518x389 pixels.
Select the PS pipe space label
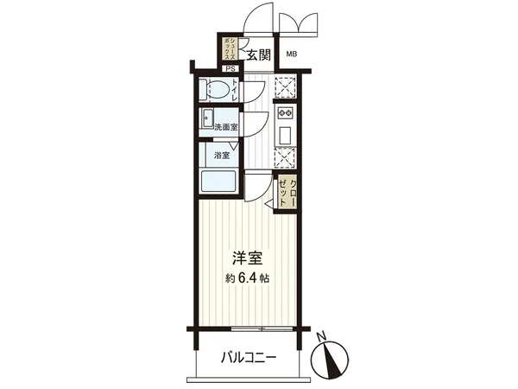click(230, 68)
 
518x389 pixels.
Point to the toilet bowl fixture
click(215, 90)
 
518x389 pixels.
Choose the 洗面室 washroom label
click(225, 127)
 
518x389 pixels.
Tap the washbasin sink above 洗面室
click(208, 118)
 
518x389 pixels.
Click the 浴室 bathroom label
click(222, 156)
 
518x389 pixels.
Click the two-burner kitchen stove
click(286, 113)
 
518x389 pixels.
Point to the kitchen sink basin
click(286, 136)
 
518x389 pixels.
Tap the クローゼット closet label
click(293, 191)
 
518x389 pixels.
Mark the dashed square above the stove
click(285, 86)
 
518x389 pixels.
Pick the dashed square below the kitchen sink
click(285, 159)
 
